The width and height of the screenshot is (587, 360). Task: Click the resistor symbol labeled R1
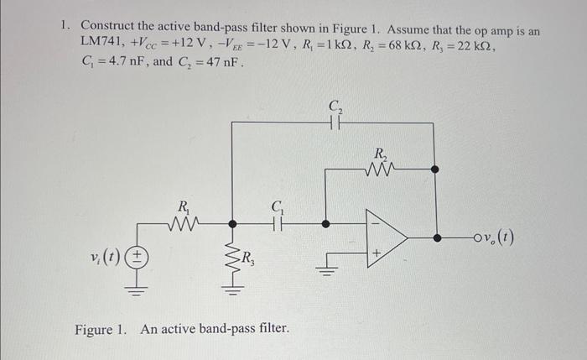pos(181,222)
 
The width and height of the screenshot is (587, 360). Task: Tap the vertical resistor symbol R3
pos(232,257)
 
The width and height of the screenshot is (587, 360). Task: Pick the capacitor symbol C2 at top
pos(335,123)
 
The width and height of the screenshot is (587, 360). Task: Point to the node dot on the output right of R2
pos(434,169)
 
